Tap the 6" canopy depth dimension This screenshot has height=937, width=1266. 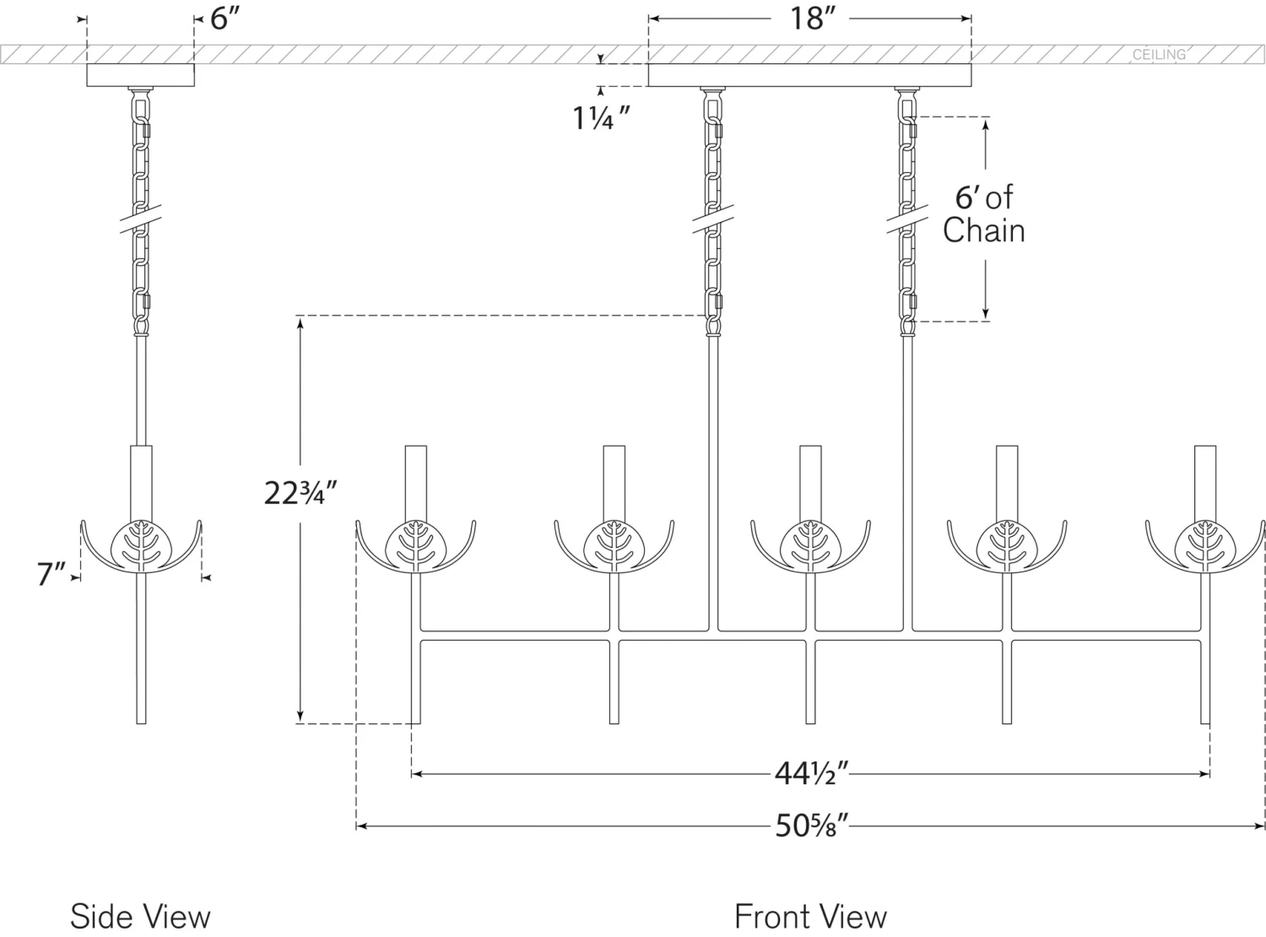(225, 19)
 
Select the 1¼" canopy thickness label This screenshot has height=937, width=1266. (601, 119)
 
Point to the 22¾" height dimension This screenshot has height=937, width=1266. (300, 493)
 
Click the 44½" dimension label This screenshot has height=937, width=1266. (811, 774)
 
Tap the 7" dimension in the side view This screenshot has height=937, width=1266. (51, 574)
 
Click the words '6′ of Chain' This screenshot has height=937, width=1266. (984, 214)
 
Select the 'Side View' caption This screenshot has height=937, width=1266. (140, 917)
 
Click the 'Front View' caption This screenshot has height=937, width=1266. (810, 917)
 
